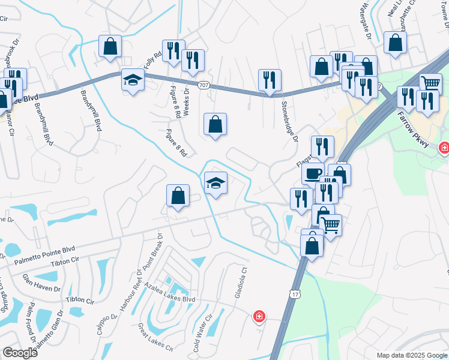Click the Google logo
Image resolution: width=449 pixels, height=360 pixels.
20,353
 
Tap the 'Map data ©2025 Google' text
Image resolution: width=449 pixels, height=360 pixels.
411,355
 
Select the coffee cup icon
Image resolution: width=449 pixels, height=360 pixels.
313,173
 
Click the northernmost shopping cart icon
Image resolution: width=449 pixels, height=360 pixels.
430,83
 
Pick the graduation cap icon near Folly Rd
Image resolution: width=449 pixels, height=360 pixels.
132,80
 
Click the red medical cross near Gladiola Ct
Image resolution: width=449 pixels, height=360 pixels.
259,316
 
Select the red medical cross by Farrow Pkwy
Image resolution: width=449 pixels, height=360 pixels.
444,148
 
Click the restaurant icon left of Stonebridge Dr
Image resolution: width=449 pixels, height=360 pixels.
270,79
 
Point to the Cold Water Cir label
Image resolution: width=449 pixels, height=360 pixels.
202,333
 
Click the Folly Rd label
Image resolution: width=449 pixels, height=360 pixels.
154,59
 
